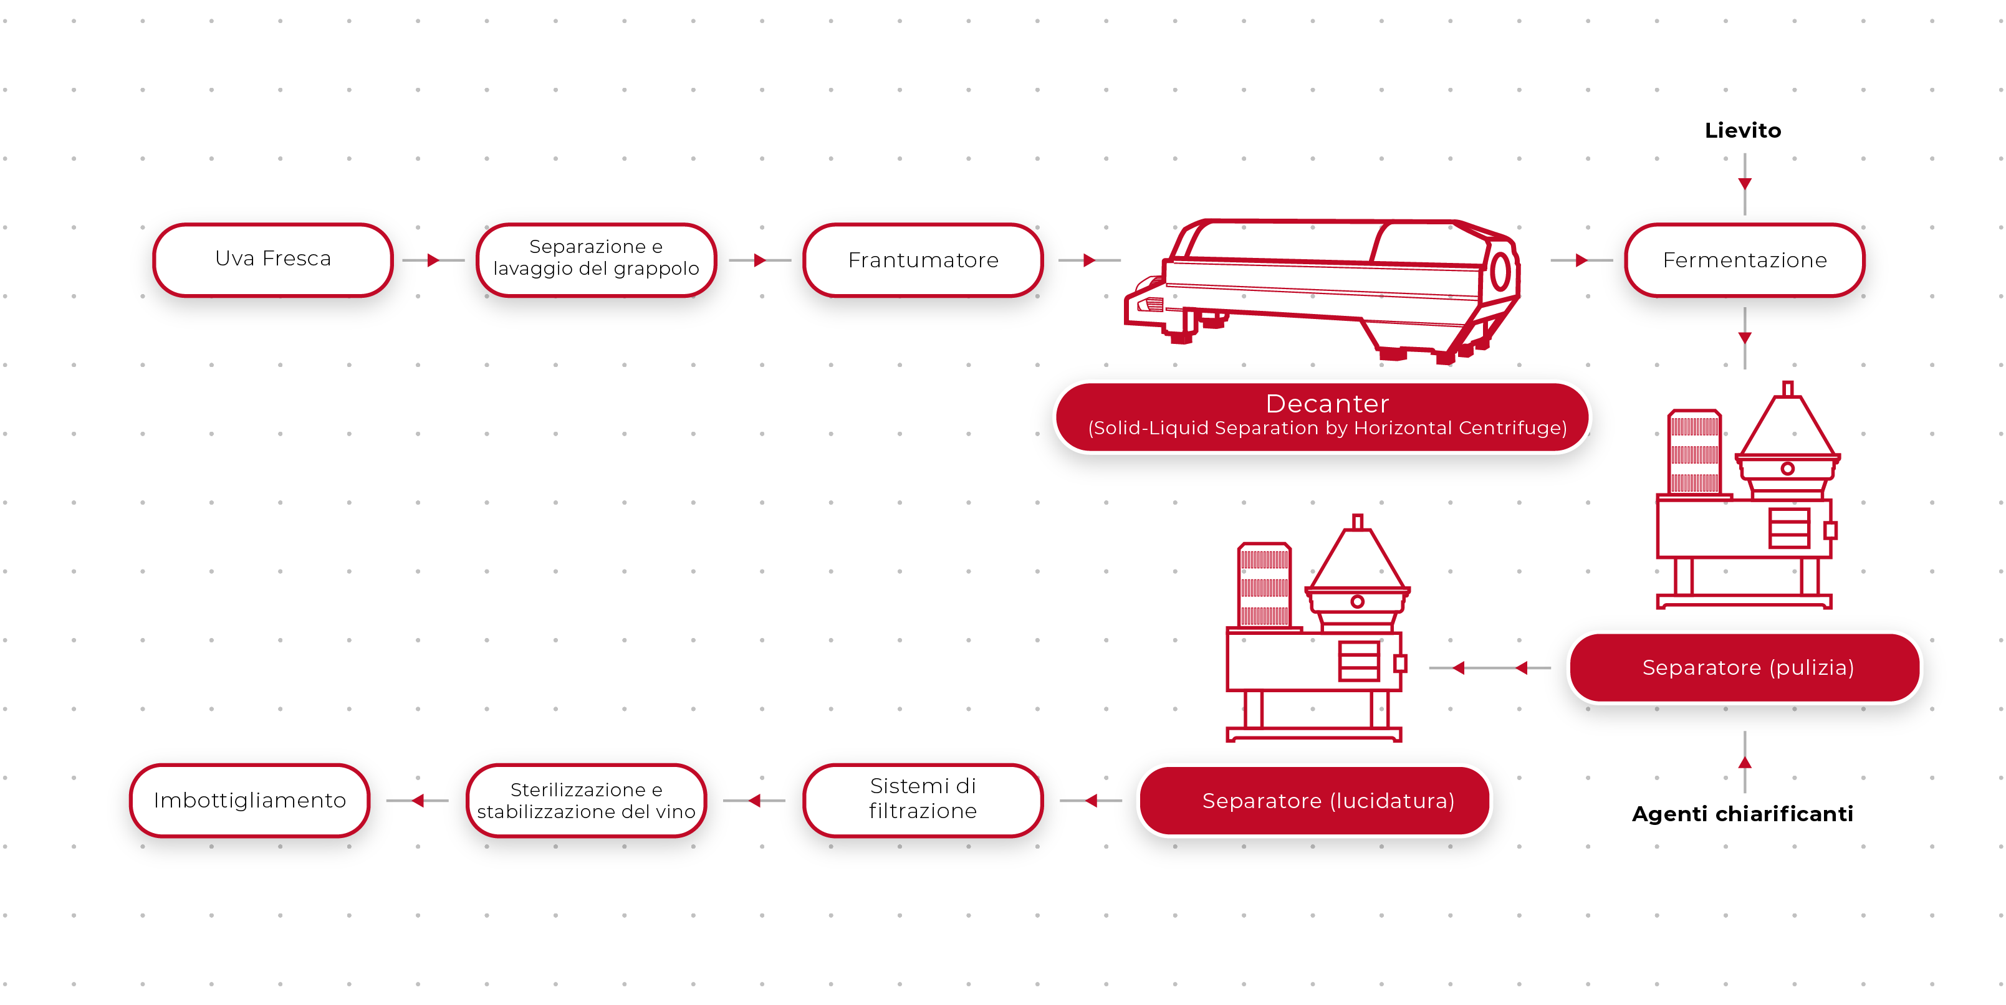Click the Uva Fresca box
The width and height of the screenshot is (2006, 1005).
pos(272,259)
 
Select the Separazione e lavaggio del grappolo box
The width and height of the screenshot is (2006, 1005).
pos(596,259)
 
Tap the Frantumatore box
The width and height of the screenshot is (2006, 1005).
pos(923,260)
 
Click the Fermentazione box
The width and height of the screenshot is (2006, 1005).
pos(1744,260)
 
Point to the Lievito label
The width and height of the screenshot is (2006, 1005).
pos(1743,130)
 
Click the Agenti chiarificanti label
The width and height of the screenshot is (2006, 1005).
pos(1743,814)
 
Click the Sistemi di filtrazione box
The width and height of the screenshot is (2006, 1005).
pos(923,799)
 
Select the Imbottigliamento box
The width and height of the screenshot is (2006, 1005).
pos(249,800)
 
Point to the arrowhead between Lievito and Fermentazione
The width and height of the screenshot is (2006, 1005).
pos(1744,184)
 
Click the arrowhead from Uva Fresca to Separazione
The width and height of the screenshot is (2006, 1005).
pos(433,260)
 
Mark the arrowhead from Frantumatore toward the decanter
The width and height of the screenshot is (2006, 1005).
pos(1088,260)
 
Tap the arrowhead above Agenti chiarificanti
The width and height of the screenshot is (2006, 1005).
pos(1744,763)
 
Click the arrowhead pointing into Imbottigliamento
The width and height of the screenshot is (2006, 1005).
pos(418,800)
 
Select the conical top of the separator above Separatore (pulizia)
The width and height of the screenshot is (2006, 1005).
pos(1787,424)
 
